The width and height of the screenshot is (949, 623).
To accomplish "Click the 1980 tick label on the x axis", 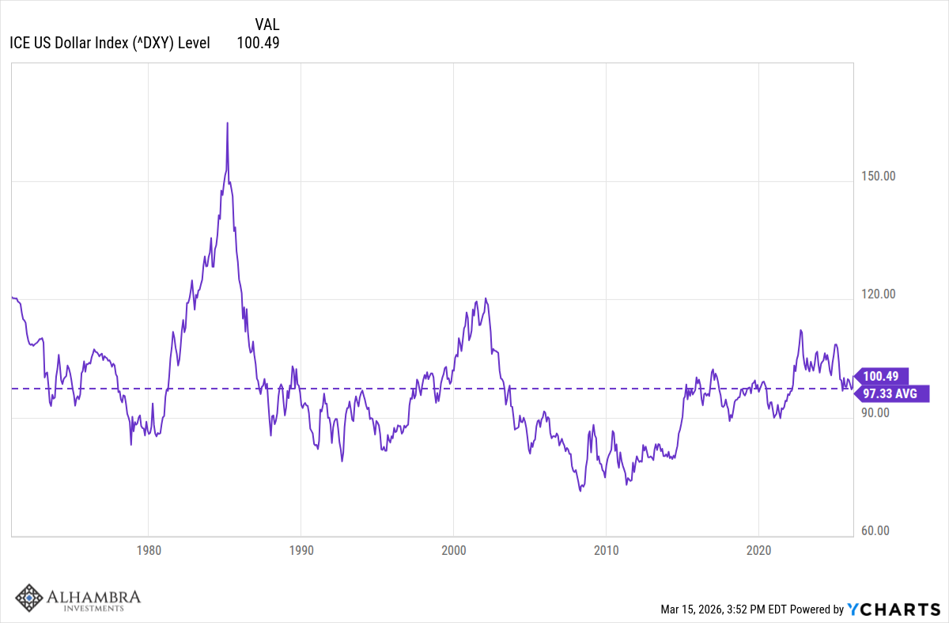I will (149, 549).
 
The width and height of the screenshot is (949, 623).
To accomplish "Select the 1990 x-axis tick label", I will (301, 549).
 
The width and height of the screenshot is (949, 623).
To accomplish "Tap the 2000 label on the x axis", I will (454, 549).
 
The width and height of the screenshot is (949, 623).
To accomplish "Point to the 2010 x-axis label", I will (606, 549).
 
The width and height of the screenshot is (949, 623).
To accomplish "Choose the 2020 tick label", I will (758, 549).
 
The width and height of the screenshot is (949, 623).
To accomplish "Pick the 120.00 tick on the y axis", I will (878, 294).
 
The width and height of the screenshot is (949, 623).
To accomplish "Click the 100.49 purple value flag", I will (884, 376).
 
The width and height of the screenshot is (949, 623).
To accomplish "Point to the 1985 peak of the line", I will (227, 123).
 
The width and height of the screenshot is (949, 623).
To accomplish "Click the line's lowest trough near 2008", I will (580, 491).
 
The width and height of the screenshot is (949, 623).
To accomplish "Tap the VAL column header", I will (267, 25).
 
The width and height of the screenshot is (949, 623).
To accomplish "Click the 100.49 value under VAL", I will (258, 43).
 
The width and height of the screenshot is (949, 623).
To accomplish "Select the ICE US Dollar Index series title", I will (109, 43).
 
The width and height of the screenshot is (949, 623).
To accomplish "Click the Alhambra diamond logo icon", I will (29, 598).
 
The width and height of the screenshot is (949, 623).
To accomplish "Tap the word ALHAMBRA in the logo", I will (92, 595).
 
